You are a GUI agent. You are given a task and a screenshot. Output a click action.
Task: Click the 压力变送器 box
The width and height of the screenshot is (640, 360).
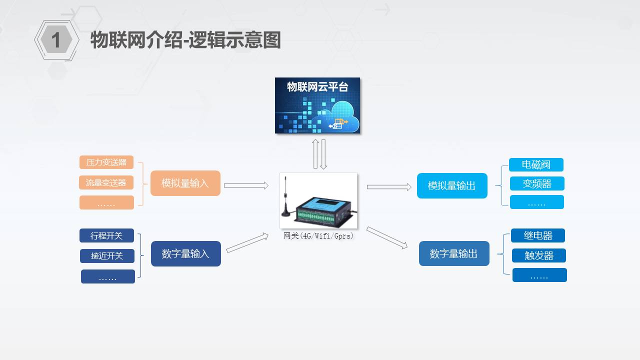[x=106, y=162]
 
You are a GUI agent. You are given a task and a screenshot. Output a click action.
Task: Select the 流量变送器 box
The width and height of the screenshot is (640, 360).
[x=106, y=182]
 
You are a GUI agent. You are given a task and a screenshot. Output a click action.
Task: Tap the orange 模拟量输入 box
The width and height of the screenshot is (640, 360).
[x=185, y=183]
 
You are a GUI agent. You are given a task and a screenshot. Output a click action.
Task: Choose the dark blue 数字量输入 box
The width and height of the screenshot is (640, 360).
[x=185, y=253]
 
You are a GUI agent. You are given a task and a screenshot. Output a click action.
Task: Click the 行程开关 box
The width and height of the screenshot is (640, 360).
[x=106, y=235]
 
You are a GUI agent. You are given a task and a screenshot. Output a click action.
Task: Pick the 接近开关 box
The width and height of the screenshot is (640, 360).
[x=107, y=255]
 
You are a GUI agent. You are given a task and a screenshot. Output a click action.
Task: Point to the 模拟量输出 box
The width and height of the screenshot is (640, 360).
[x=452, y=185]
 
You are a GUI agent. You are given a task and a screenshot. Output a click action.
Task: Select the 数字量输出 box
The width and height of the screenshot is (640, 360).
[x=454, y=253]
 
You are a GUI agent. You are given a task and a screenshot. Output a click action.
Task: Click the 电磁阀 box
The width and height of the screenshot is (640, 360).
[x=536, y=164]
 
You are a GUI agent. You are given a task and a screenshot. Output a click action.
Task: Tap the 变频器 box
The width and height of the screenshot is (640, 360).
[x=537, y=183]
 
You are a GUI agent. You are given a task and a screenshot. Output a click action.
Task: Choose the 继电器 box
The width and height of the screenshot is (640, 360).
[x=538, y=235]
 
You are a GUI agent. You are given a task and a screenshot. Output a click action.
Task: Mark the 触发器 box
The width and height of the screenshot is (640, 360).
[x=539, y=255]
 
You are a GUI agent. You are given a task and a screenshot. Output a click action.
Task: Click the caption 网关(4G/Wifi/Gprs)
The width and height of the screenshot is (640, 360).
[x=318, y=235]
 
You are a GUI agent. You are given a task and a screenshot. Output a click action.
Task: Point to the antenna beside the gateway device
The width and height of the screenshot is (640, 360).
[x=285, y=196]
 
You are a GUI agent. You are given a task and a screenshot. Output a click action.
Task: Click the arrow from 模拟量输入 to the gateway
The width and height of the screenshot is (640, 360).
[x=246, y=185]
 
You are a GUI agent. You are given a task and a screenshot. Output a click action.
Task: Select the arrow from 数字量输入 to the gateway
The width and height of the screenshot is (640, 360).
[x=247, y=243]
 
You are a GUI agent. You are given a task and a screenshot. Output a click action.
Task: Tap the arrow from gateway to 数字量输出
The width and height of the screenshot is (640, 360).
[x=387, y=237]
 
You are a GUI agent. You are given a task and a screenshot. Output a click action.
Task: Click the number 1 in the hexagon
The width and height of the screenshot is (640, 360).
[x=56, y=40]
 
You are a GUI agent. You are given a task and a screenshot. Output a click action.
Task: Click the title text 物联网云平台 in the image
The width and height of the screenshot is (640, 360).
[x=317, y=87]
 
